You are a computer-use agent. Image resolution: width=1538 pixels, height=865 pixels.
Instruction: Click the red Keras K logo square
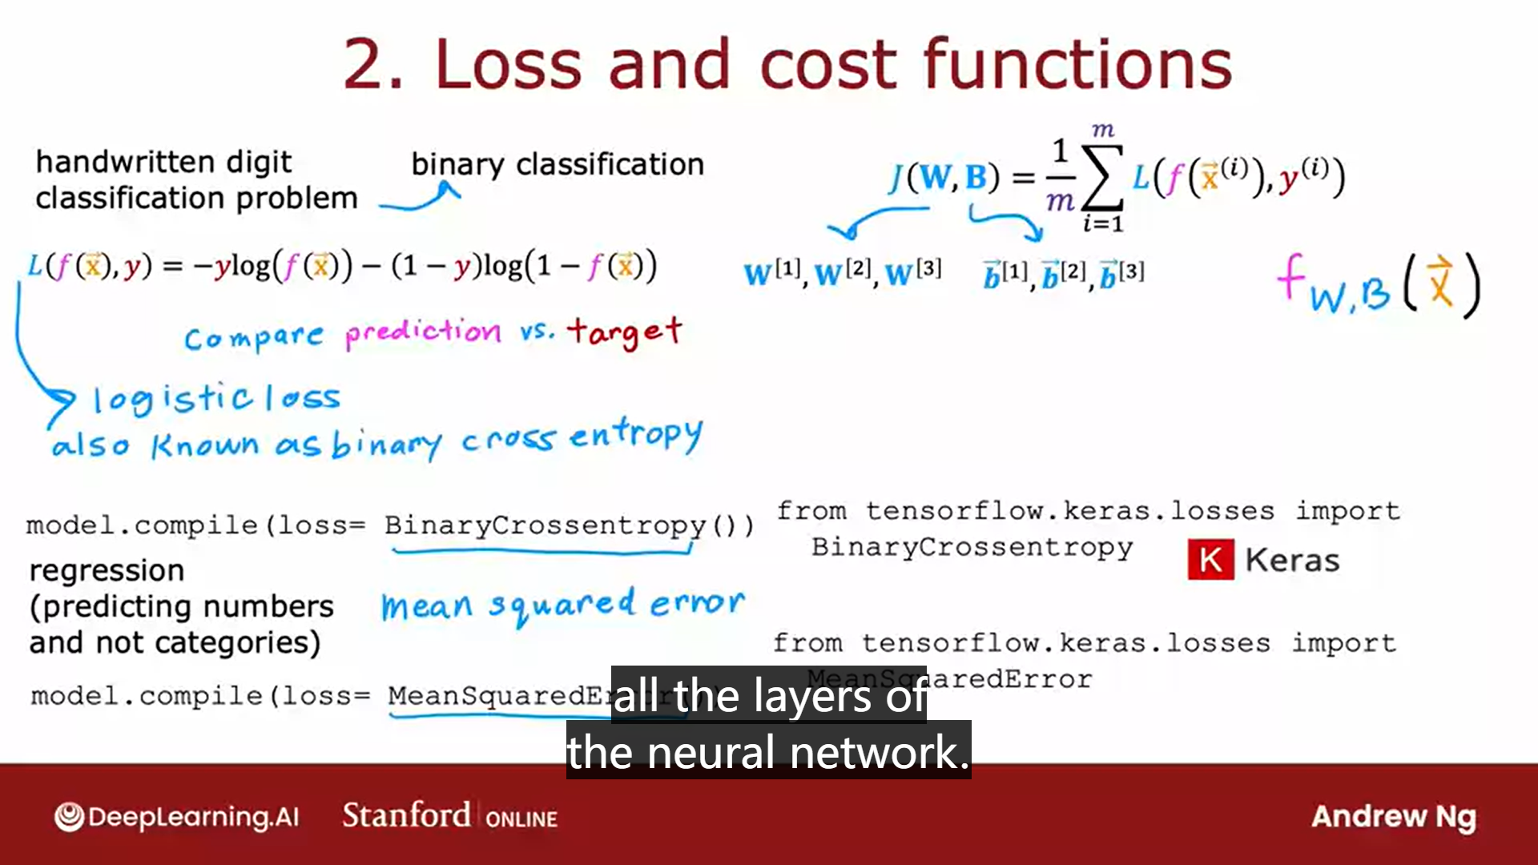coord(1210,560)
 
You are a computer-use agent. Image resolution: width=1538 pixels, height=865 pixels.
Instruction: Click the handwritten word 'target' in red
coord(625,330)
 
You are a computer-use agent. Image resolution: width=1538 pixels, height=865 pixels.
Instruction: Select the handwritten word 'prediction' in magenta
coord(423,332)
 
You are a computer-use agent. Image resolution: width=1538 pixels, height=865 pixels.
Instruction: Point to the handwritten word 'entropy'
coord(636,436)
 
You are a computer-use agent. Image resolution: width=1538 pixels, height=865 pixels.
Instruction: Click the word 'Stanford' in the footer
coord(406,815)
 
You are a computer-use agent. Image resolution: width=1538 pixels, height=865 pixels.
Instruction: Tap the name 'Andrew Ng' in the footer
coord(1393,816)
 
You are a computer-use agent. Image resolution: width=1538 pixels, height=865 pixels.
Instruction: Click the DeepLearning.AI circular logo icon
coord(69,816)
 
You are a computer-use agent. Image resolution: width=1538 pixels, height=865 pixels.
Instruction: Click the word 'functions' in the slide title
coord(1077,64)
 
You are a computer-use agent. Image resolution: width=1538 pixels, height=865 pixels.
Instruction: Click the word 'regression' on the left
coord(107,570)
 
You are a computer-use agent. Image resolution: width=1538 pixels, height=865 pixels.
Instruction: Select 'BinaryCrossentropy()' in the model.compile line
coord(568,525)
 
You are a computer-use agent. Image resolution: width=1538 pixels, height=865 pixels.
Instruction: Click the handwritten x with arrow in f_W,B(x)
coord(1439,282)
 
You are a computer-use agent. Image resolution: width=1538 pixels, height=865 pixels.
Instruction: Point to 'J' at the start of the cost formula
coord(897,177)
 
